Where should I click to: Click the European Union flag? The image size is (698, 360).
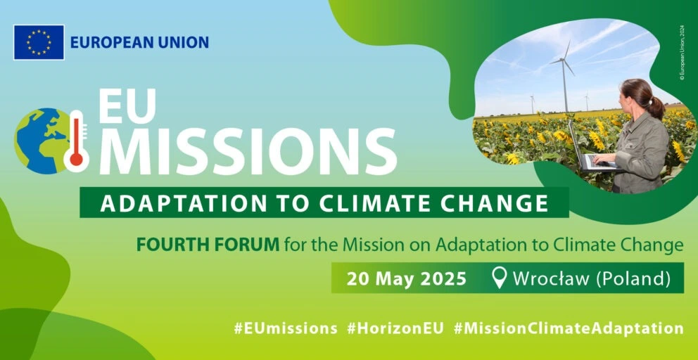[39, 42]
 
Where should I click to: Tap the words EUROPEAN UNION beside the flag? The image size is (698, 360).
[139, 42]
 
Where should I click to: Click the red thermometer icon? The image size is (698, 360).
[76, 141]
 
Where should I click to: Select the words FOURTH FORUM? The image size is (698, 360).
[208, 245]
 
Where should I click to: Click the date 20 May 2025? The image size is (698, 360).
[407, 278]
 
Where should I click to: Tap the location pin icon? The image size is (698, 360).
[500, 278]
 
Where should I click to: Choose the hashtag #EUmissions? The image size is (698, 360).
[286, 329]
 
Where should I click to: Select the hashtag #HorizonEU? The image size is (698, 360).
[395, 329]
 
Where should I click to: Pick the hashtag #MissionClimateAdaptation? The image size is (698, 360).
[569, 329]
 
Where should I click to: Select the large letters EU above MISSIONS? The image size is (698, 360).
[127, 105]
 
